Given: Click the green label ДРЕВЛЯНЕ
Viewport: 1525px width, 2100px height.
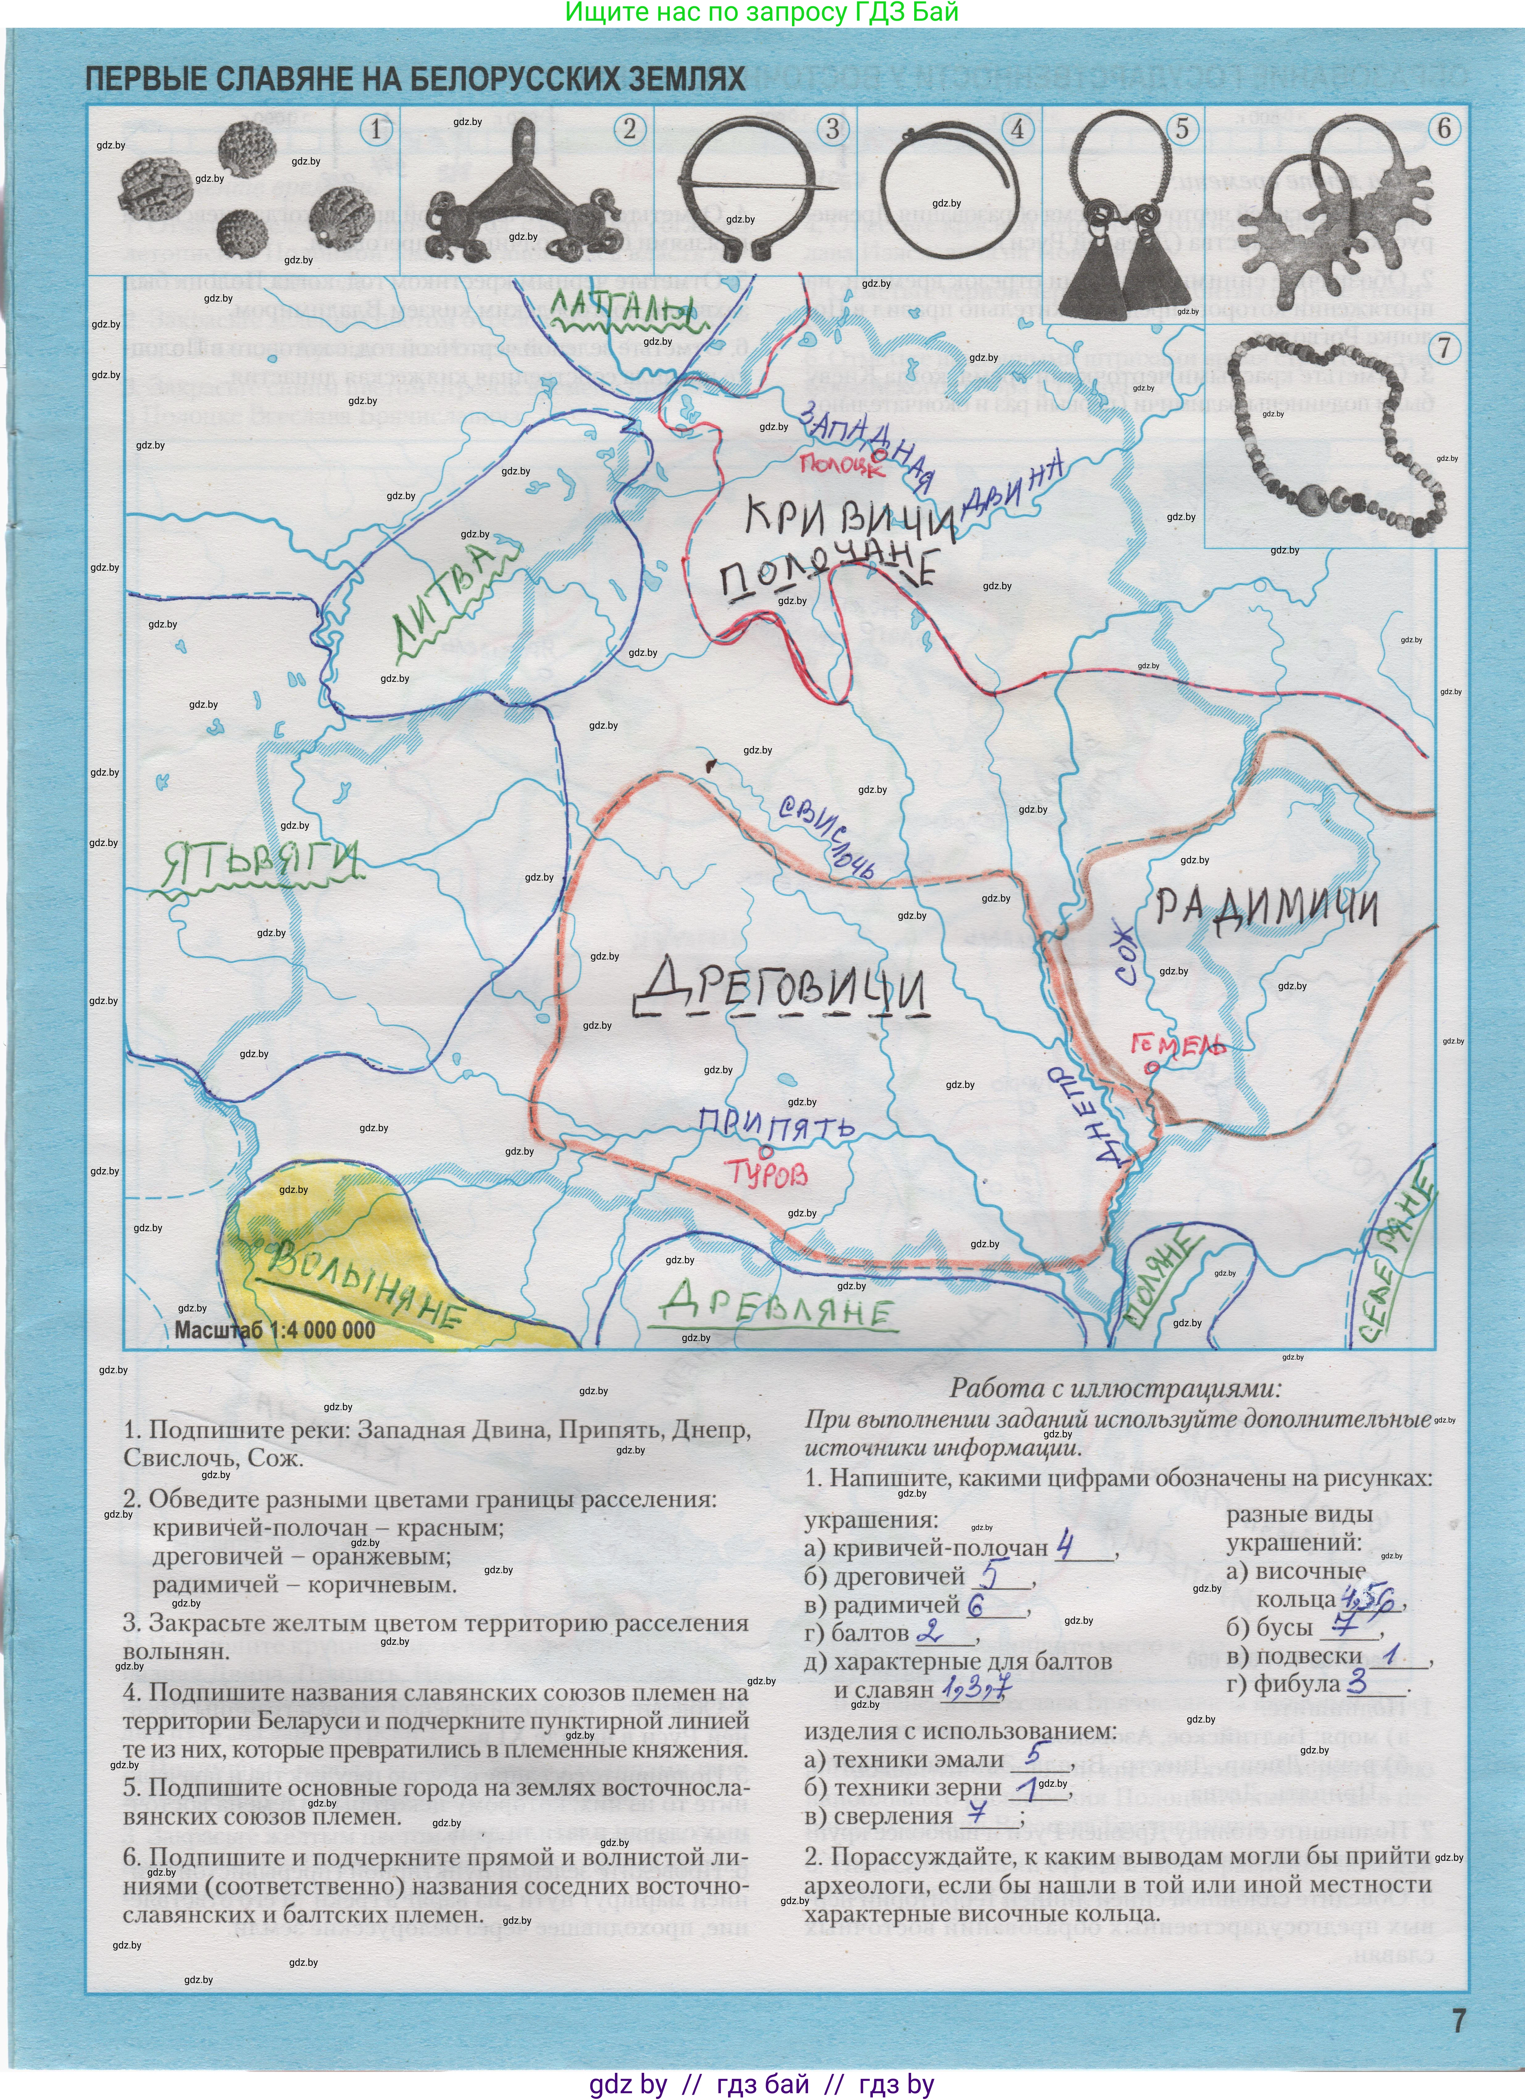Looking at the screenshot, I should point(778,1306).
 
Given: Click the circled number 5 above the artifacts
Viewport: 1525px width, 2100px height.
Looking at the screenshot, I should point(1181,129).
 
